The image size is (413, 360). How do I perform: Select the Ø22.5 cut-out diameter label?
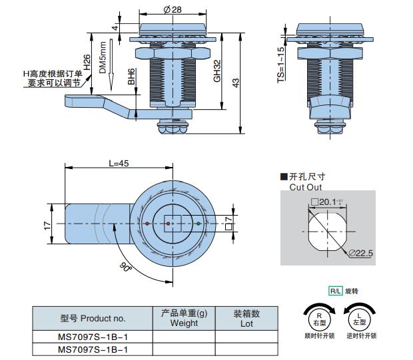(x=360, y=253)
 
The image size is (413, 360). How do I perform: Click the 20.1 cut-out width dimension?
(x=327, y=202)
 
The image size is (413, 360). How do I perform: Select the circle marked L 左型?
(x=358, y=317)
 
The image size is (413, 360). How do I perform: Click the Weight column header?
(x=184, y=318)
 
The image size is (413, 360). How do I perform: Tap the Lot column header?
(x=246, y=318)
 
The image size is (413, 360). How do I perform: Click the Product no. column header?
(x=93, y=318)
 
